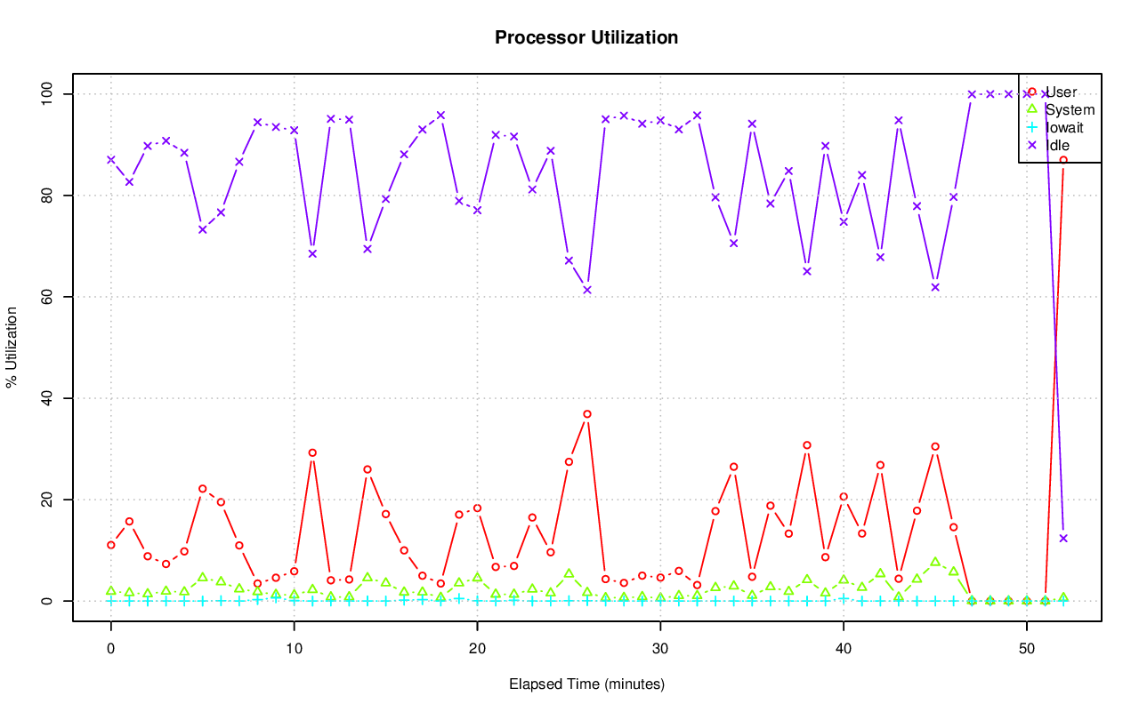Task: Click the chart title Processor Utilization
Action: (x=586, y=38)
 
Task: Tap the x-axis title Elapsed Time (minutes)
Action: (x=586, y=684)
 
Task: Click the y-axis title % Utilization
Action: (x=12, y=347)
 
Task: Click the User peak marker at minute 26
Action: (x=587, y=414)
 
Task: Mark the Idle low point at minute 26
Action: (x=587, y=290)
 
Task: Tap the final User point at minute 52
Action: (x=1063, y=160)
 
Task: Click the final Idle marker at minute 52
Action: (x=1063, y=538)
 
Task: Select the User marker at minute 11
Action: (x=312, y=452)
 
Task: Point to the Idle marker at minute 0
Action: (x=111, y=160)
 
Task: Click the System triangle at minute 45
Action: (x=935, y=562)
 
